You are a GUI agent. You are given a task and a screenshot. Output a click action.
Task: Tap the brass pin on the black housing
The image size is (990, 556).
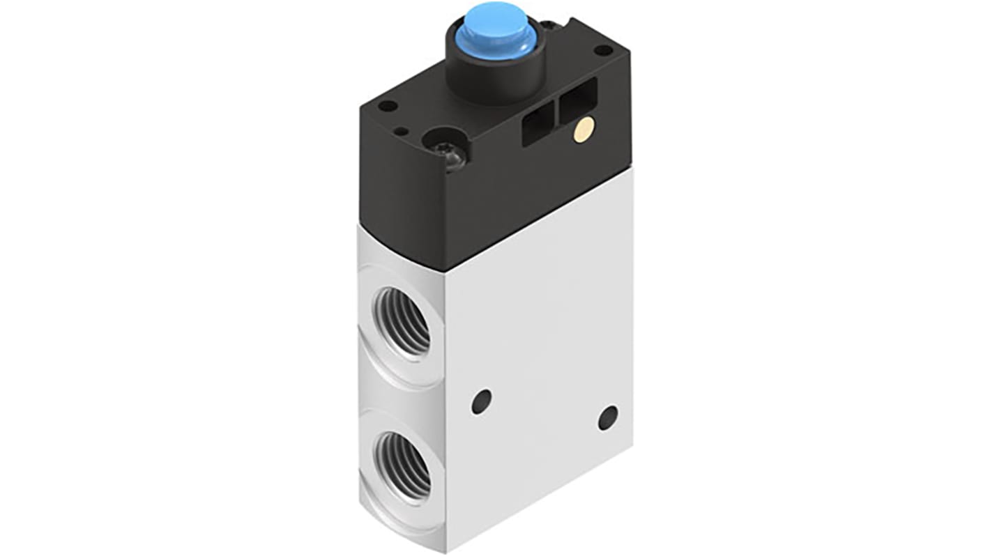pyautogui.click(x=584, y=130)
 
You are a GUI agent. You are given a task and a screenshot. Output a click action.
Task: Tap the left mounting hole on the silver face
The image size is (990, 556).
pyautogui.click(x=481, y=401)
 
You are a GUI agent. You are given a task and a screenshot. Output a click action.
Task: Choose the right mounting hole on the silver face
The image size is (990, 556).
pyautogui.click(x=608, y=417)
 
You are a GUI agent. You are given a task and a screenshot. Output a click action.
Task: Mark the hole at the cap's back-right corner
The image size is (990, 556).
pyautogui.click(x=604, y=50)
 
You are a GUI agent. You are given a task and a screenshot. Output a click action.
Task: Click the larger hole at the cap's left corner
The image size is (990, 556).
pyautogui.click(x=388, y=107)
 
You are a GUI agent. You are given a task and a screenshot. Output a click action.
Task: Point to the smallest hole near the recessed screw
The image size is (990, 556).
pyautogui.click(x=401, y=131)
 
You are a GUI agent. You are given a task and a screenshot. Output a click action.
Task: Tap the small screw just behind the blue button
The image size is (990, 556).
pyautogui.click(x=551, y=26)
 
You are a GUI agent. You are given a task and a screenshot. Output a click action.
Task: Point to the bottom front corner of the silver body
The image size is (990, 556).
pyautogui.click(x=445, y=550)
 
